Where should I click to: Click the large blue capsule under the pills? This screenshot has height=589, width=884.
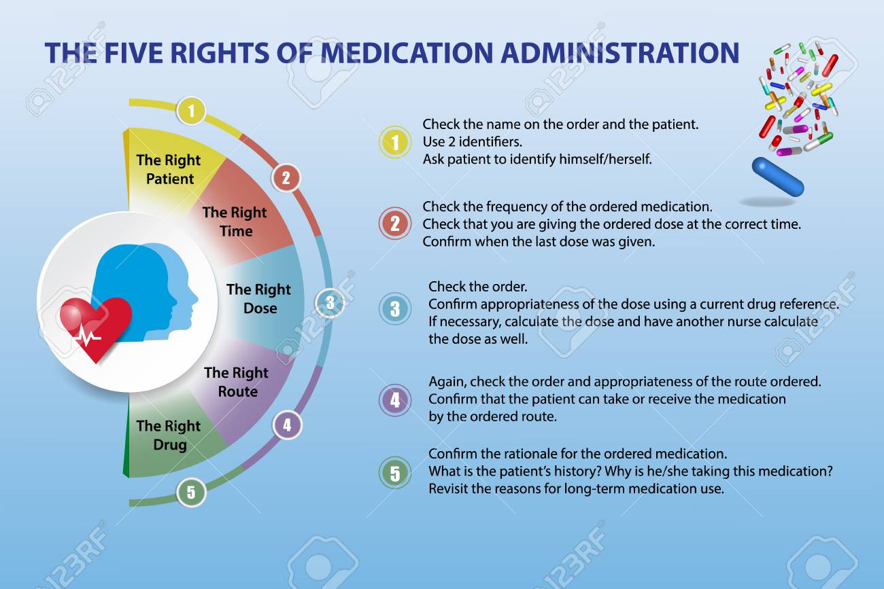pyautogui.click(x=778, y=176)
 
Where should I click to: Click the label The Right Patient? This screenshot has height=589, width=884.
pyautogui.click(x=169, y=170)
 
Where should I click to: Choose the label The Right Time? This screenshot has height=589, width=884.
pyautogui.click(x=235, y=221)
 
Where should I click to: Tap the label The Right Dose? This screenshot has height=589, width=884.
pyautogui.click(x=258, y=299)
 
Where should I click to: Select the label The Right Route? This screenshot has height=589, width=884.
pyautogui.click(x=237, y=382)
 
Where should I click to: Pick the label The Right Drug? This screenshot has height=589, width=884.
pyautogui.click(x=169, y=435)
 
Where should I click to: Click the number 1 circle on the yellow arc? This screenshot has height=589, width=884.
pyautogui.click(x=192, y=111)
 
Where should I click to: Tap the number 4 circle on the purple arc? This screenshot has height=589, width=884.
pyautogui.click(x=287, y=425)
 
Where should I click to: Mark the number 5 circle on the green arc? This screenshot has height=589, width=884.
pyautogui.click(x=191, y=492)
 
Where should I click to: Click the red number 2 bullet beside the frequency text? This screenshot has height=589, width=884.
pyautogui.click(x=394, y=224)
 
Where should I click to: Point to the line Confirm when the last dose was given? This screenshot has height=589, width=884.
pyautogui.click(x=539, y=241)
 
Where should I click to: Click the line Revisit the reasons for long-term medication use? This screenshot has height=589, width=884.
pyautogui.click(x=575, y=488)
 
